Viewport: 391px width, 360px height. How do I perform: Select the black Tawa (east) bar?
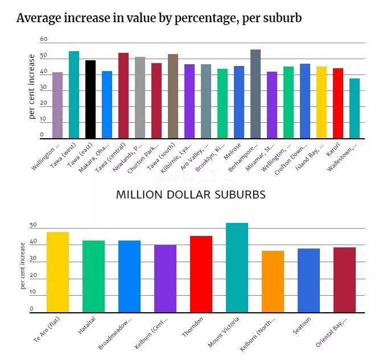[90, 100]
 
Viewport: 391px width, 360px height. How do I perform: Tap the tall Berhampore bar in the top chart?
[256, 94]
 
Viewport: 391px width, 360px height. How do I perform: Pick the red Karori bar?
[338, 103]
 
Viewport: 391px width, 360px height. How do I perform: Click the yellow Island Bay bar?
[322, 102]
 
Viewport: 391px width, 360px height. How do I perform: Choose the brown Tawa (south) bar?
[173, 96]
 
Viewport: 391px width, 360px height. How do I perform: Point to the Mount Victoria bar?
[237, 267]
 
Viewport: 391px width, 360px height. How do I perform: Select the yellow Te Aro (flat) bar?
[57, 272]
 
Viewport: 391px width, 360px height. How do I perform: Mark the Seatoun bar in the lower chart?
[308, 280]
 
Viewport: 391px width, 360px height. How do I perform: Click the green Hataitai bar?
[93, 276]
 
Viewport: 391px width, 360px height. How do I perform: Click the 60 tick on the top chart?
[44, 39]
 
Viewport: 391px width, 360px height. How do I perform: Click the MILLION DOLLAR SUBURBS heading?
[191, 195]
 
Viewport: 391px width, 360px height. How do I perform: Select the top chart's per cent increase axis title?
[32, 86]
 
